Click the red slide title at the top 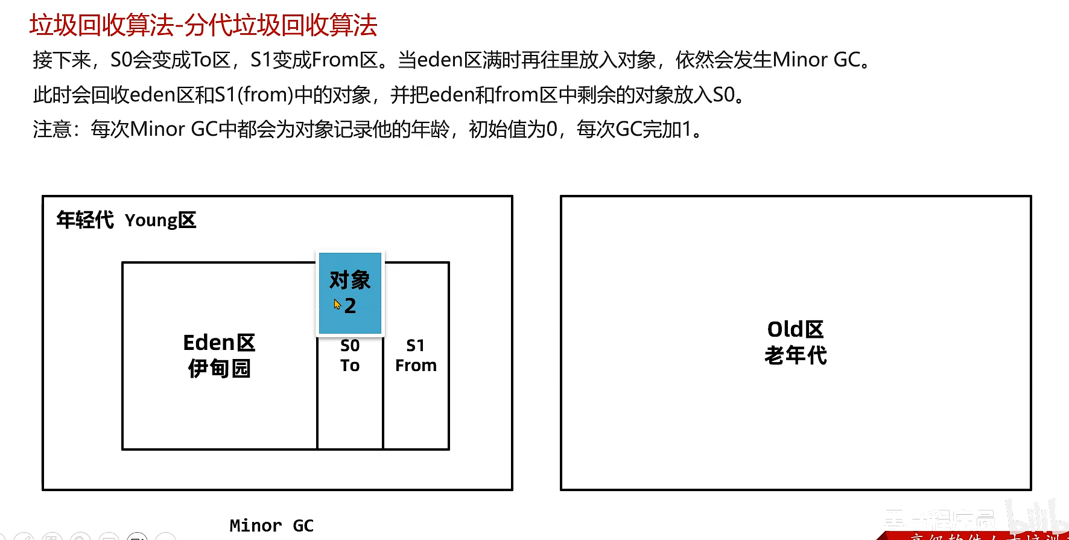pyautogui.click(x=203, y=25)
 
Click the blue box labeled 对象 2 pyautogui.click(x=350, y=293)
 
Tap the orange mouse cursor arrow pyautogui.click(x=337, y=305)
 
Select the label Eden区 pyautogui.click(x=219, y=343)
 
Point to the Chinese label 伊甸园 pyautogui.click(x=219, y=368)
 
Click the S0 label pyautogui.click(x=350, y=346)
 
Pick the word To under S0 pyautogui.click(x=350, y=366)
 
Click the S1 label pyautogui.click(x=415, y=346)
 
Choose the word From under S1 pyautogui.click(x=416, y=366)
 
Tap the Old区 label pyautogui.click(x=795, y=329)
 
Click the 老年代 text pyautogui.click(x=795, y=355)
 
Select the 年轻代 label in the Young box pyautogui.click(x=85, y=220)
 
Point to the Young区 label pyautogui.click(x=160, y=221)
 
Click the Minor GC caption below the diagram pyautogui.click(x=271, y=526)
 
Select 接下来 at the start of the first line pyautogui.click(x=62, y=60)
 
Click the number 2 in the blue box pyautogui.click(x=351, y=306)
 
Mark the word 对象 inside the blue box pyautogui.click(x=350, y=280)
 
